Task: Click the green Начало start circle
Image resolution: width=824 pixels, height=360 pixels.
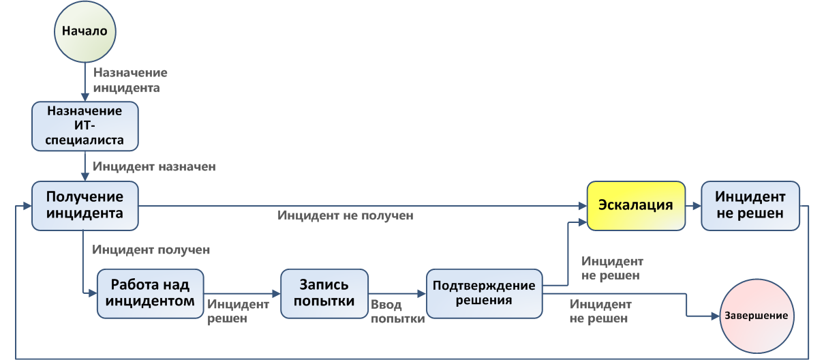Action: coord(85,31)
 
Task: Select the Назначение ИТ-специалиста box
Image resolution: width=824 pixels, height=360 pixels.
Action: coord(85,125)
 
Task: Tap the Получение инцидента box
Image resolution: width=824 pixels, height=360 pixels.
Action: coord(85,205)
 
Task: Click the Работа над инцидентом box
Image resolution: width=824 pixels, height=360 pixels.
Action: coord(150,293)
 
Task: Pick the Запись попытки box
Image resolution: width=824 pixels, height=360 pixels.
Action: coord(324,293)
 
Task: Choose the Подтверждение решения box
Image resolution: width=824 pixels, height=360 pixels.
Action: coord(485,293)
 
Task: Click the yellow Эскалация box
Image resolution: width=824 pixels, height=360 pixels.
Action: coord(636,205)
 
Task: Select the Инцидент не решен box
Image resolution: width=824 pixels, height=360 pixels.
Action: coord(750,205)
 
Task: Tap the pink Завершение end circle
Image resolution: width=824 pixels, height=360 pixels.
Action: coord(756,316)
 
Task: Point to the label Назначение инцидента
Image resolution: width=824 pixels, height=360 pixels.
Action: coord(130,80)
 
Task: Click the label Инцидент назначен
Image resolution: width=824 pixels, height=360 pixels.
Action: coord(155,166)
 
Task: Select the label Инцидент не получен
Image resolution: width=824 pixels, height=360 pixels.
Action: coord(346,215)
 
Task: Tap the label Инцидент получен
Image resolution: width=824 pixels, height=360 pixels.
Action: coord(151,250)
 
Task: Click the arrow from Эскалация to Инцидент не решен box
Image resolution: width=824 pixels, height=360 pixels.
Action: coord(692,205)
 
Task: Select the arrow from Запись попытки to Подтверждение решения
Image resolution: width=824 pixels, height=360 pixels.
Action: coord(397,293)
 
